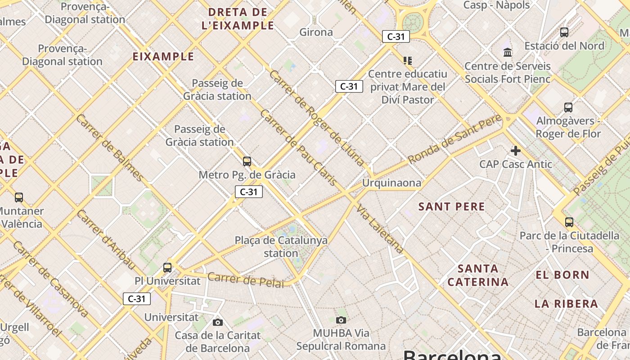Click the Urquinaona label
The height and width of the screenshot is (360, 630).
(391, 183)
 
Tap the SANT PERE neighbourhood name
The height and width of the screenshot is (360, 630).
(451, 207)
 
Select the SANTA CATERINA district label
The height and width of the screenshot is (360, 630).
(478, 275)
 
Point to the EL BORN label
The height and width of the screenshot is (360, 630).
(562, 274)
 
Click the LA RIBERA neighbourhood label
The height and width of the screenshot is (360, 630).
(566, 304)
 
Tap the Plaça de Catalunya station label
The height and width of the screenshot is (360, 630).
(281, 247)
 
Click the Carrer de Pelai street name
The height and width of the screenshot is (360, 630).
(246, 280)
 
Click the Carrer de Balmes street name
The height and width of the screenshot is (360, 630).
(109, 147)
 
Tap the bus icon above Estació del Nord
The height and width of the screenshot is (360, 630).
(564, 32)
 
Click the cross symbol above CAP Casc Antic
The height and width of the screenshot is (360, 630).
(516, 151)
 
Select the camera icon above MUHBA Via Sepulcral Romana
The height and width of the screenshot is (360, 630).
(341, 320)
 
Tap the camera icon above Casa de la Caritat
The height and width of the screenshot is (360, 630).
(218, 322)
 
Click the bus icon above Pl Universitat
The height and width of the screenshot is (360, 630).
(167, 267)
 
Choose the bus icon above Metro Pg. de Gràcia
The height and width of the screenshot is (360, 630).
(247, 162)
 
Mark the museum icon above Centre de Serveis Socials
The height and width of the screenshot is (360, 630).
(508, 53)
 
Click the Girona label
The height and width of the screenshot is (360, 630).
(316, 32)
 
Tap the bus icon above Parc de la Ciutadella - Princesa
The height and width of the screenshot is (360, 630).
(569, 222)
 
